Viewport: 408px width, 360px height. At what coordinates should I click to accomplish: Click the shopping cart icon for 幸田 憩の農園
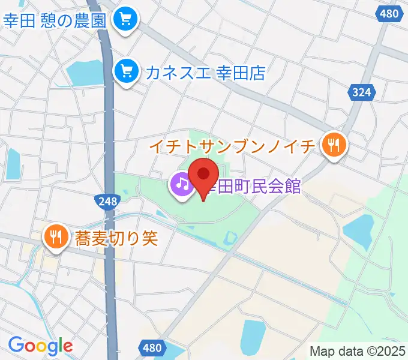pos(126,20)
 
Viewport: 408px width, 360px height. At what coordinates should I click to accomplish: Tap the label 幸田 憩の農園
pos(55,20)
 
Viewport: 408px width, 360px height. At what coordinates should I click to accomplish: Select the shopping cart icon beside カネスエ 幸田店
pos(126,72)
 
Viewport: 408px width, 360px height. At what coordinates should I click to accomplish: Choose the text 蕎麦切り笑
pos(116,238)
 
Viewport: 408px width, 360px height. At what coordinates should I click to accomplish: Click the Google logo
pos(40,346)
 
